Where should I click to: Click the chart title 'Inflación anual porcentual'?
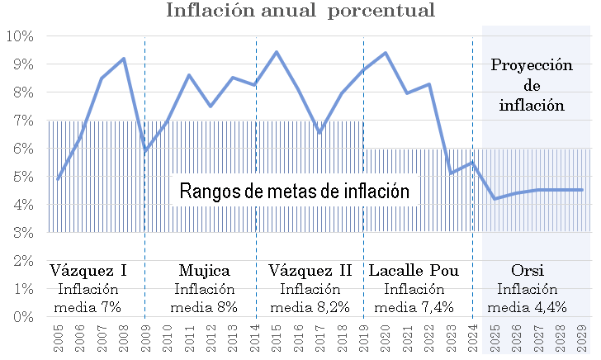tap(300, 12)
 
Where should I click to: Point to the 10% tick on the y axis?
tap(19, 36)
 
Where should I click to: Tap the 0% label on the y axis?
tap(22, 317)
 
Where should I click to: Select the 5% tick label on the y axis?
tap(22, 177)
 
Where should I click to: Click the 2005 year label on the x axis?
tap(59, 338)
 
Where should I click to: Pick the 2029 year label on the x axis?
tap(581, 338)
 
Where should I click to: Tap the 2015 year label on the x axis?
tap(276, 338)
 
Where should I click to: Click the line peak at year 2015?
tap(276, 52)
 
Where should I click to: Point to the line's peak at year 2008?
tap(124, 59)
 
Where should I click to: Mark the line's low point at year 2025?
tap(494, 199)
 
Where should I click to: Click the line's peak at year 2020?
tap(385, 53)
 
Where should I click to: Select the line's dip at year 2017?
tap(319, 132)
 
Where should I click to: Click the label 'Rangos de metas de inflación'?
tap(296, 192)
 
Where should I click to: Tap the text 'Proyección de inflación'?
tap(532, 85)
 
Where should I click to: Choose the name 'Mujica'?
tap(204, 271)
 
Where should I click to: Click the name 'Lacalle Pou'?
tap(414, 271)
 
